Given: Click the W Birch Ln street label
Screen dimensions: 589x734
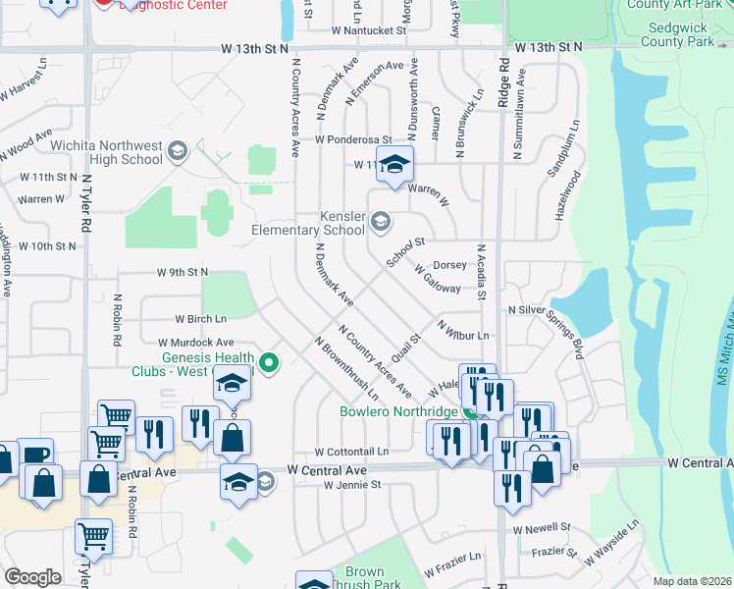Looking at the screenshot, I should click(200, 319).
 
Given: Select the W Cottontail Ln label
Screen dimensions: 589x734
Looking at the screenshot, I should click(352, 452).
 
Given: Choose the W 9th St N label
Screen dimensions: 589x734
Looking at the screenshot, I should click(183, 272).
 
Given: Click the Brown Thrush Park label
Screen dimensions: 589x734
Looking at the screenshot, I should click(364, 578).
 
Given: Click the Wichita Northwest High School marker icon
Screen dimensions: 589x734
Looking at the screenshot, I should click(177, 150).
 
